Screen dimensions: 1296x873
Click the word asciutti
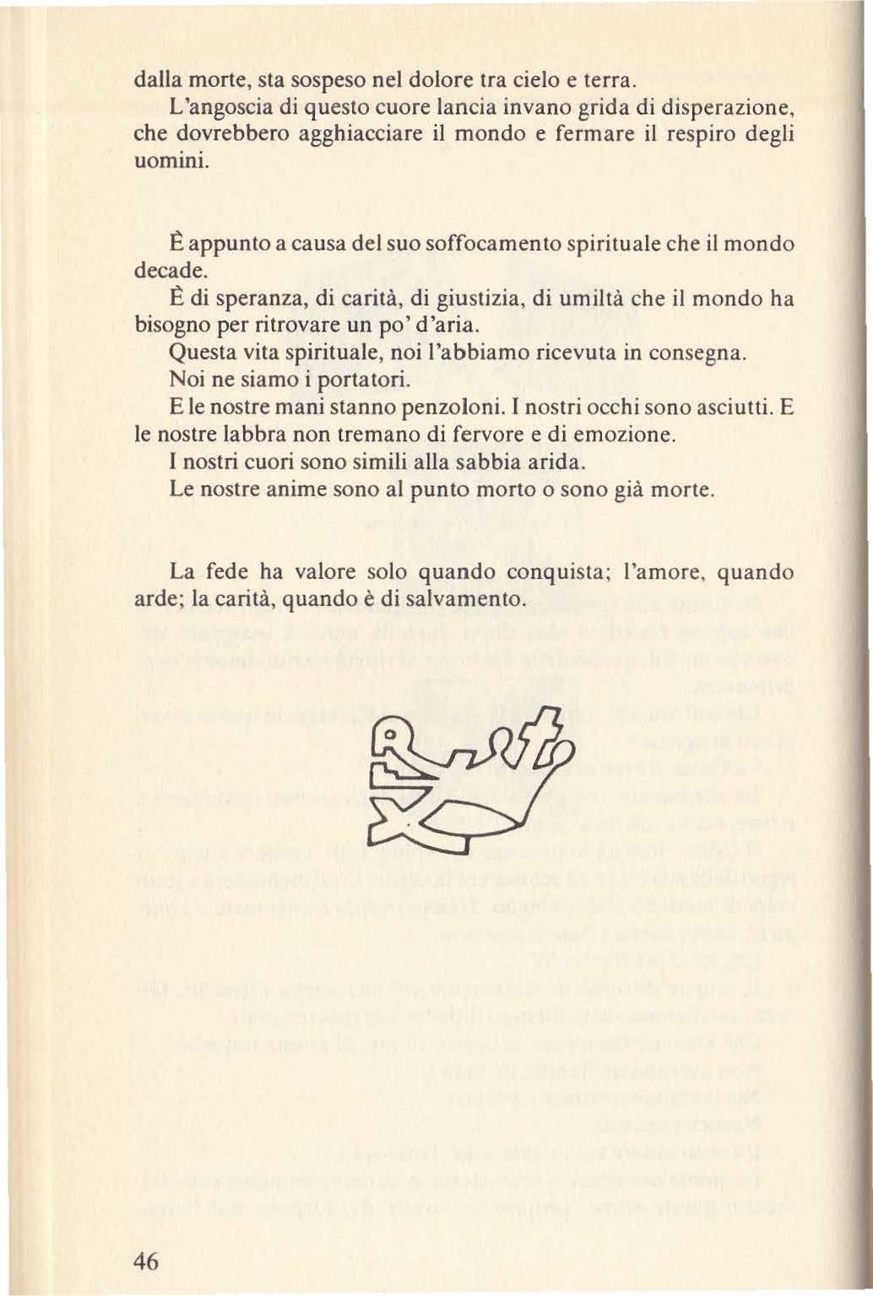pos(729,408)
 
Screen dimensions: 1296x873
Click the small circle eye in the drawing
pos(388,739)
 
